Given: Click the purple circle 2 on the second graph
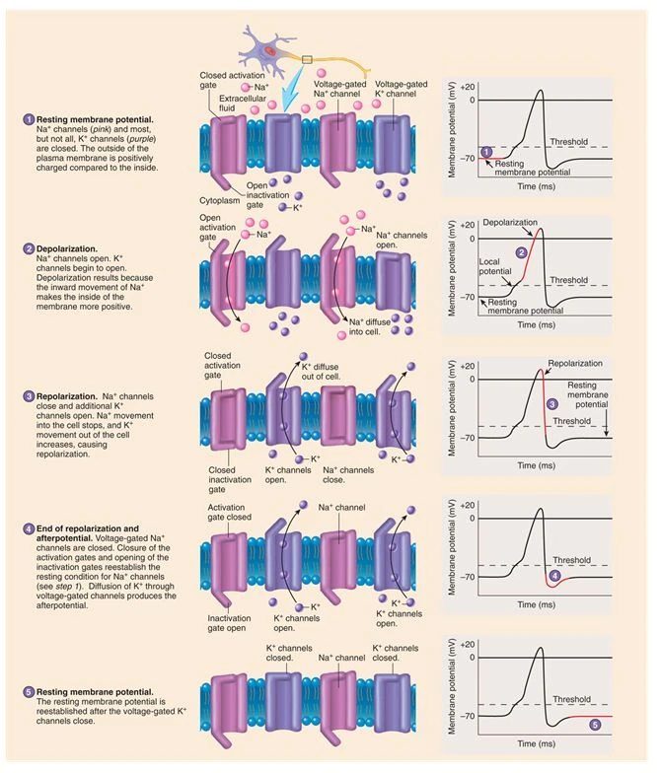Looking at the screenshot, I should point(521,253).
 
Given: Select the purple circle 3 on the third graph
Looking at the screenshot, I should point(552,403).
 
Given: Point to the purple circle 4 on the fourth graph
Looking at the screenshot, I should point(555,574).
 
